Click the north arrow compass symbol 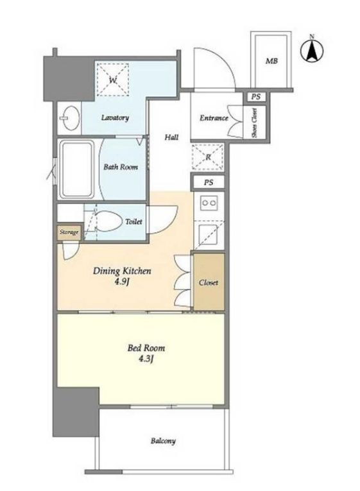(x=312, y=50)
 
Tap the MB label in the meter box (x=271, y=61)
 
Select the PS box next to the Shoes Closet (x=256, y=97)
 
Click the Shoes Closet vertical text (x=255, y=123)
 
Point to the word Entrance (x=214, y=118)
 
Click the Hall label (x=171, y=137)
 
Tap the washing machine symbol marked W (x=113, y=80)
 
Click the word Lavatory (x=115, y=117)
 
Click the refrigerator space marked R (x=208, y=157)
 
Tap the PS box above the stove (x=208, y=182)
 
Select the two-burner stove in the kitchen (x=209, y=203)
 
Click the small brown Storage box (x=69, y=232)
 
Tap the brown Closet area (x=209, y=282)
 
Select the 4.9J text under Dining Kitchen (x=122, y=282)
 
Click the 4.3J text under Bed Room (x=146, y=359)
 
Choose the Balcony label (x=163, y=441)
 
